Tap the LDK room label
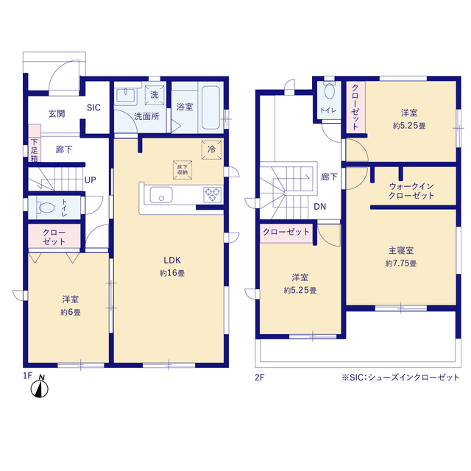[171, 260]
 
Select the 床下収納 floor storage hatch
[183, 170]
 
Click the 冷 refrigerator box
[211, 149]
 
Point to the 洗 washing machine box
[155, 95]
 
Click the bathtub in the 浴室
[211, 108]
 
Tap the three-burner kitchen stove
[213, 194]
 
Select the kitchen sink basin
[161, 194]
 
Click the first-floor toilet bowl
[46, 208]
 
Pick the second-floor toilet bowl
[330, 91]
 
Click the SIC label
[93, 107]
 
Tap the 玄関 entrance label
[57, 113]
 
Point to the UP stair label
[91, 180]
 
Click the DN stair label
[320, 206]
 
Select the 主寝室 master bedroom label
[401, 250]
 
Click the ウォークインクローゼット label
[411, 191]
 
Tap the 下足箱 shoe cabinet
[35, 144]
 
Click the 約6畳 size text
[71, 312]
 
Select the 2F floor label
[260, 378]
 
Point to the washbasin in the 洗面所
[126, 95]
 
